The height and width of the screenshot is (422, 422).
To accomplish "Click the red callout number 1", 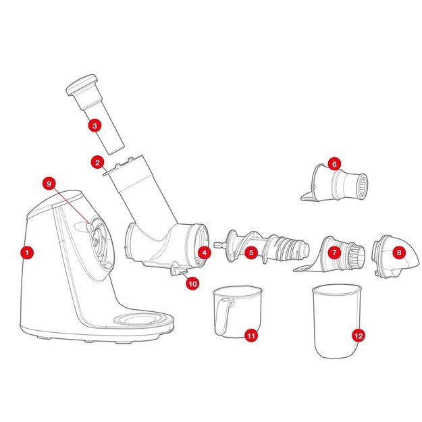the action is pos(27,253).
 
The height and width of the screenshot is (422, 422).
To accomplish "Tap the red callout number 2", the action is pos(97,162).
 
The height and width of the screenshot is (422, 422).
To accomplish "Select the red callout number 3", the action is pos(95,126).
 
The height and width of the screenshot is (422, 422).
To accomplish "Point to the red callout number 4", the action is pos(205,253).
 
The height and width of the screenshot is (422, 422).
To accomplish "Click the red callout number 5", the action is pos(251,253).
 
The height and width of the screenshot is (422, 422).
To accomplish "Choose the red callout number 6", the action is pos(334,164).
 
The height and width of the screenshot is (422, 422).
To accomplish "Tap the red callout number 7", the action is pos(334,253).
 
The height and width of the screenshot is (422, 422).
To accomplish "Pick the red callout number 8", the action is pos(399,253).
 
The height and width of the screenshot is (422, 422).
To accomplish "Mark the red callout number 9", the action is pos(49,184).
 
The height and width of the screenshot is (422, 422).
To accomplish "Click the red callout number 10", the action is pos(192,284).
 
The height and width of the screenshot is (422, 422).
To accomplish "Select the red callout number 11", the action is pos(251,336).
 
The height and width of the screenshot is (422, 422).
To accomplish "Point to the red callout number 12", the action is pos(359,336).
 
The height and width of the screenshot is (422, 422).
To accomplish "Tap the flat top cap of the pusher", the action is pos(82,84).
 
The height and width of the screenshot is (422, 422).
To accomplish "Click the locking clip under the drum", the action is pos(177,269).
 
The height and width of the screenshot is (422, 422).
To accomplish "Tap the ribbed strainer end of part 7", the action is pos(357,255).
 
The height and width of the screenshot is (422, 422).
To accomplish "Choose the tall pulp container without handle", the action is pos(337,321).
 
